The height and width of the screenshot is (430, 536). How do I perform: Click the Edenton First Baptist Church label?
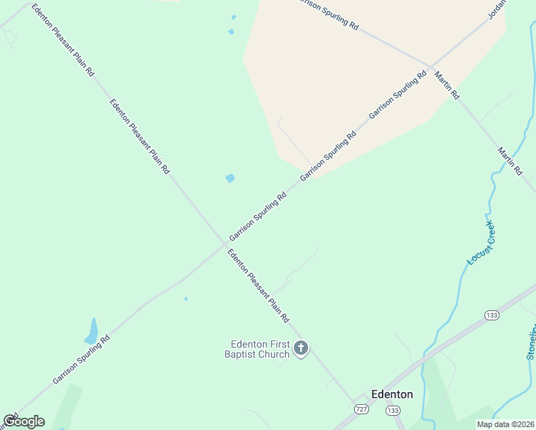pos(259,349)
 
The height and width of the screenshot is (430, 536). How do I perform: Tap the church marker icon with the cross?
pos(301,349)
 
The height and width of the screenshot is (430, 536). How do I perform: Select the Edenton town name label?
pos(392,394)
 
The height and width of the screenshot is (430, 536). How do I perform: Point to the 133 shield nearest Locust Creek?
pos(492,315)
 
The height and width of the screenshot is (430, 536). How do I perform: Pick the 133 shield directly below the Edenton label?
pos(392,410)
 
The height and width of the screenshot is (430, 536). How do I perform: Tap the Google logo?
pos(24,421)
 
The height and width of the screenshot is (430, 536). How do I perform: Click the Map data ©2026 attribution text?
pos(505,424)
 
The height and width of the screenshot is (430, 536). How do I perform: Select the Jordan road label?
pos(497,9)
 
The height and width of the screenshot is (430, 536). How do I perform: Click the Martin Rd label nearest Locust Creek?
pos(510,161)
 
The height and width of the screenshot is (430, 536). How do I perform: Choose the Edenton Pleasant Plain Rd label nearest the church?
pos(257,285)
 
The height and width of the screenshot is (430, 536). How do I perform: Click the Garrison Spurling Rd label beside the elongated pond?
pos(81,359)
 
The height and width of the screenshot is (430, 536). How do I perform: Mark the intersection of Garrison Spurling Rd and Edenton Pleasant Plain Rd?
pos(223,245)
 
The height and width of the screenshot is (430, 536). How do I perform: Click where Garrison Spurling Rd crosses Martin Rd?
pos(430,68)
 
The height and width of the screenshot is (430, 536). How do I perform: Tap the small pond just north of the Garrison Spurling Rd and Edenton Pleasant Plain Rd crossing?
pos(230,178)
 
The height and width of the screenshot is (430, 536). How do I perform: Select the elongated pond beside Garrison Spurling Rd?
pos(92,332)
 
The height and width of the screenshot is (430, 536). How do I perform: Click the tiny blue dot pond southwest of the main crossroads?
pos(186,299)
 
